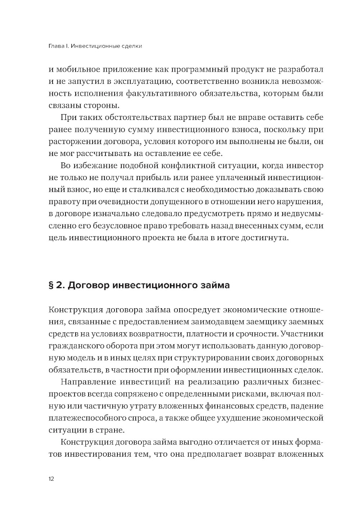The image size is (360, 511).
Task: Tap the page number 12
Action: [x=51, y=479]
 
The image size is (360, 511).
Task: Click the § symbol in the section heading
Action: [x=51, y=286]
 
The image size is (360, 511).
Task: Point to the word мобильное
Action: [x=78, y=69]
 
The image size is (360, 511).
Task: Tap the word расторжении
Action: [x=71, y=142]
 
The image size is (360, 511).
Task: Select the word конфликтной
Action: [x=188, y=166]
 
